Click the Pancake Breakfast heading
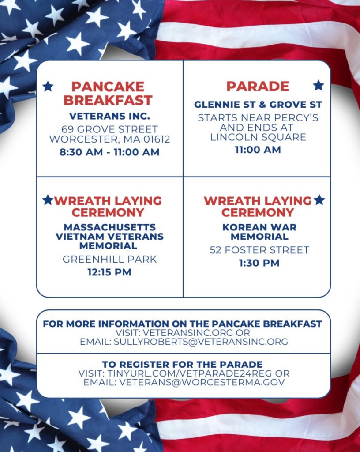point(108,94)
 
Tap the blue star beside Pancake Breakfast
point(48,86)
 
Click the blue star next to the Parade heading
point(318,85)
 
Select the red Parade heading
point(258,86)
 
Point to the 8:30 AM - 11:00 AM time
point(109,152)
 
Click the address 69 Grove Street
point(109,129)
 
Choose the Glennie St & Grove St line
point(258,104)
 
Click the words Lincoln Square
point(258,137)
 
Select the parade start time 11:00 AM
point(258,150)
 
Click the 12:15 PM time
point(109,272)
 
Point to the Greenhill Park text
point(109,259)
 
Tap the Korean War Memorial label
point(259,232)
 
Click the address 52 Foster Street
point(259,250)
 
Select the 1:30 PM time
point(259,263)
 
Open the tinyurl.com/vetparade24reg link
point(190,373)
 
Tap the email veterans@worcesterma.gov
point(202,382)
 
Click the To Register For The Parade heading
point(182,364)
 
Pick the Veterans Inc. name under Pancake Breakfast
point(109,116)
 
